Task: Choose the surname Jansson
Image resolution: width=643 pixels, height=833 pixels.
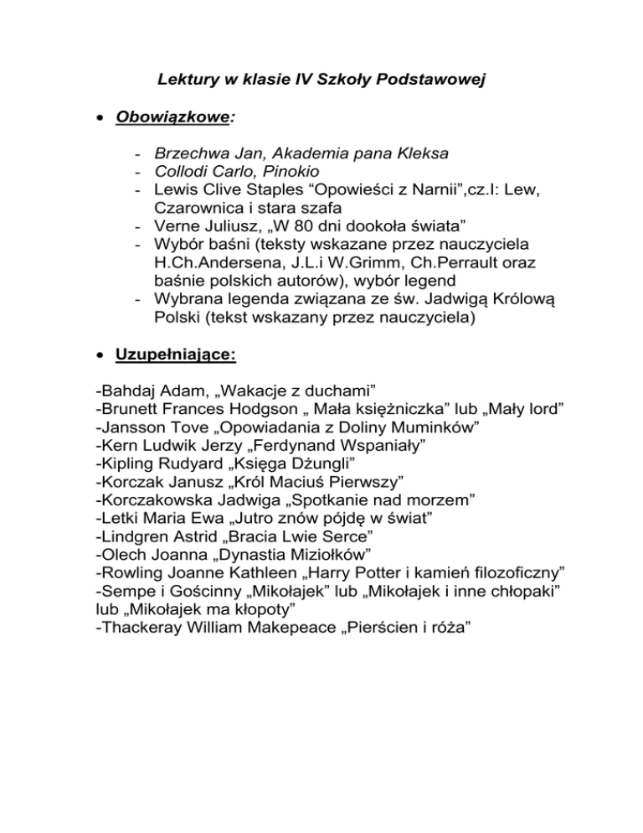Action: [x=134, y=427]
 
